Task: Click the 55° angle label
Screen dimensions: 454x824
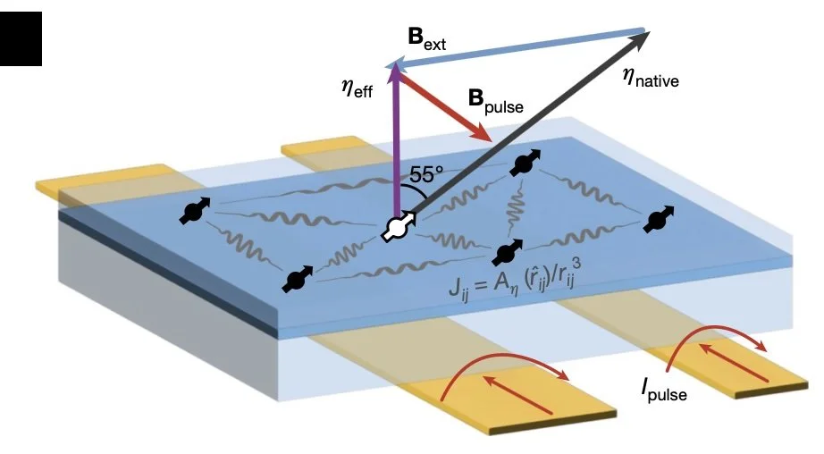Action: point(426,174)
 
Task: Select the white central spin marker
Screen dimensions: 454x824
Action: point(395,227)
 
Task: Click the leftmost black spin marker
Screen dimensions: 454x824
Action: point(191,212)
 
